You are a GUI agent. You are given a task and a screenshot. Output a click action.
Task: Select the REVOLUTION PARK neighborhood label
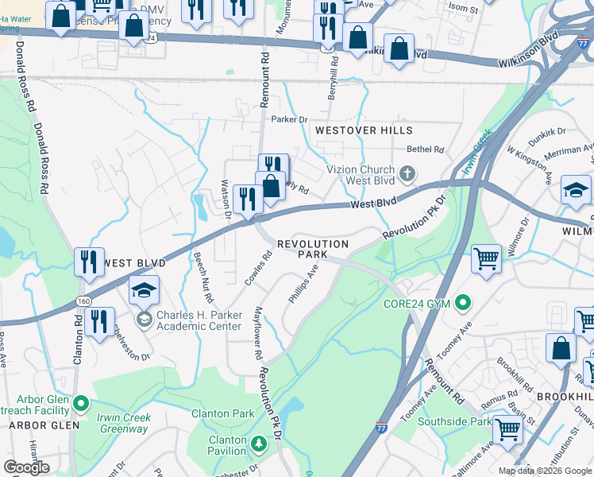(312, 250)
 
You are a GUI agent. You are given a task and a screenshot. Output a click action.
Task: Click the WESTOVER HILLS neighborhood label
(363, 130)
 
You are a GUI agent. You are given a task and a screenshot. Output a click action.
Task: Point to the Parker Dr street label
(289, 119)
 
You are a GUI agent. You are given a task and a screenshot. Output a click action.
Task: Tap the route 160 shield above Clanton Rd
(83, 301)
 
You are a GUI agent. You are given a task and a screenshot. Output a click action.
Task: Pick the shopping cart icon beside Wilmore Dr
(486, 258)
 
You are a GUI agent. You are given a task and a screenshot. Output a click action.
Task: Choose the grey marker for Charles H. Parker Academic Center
(144, 320)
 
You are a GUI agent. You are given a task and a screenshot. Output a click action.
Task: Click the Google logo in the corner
(27, 467)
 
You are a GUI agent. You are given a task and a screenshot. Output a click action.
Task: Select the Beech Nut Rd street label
(202, 277)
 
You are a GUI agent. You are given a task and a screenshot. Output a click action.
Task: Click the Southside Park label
(455, 421)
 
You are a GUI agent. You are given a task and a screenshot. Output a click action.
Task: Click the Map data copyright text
(545, 471)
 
